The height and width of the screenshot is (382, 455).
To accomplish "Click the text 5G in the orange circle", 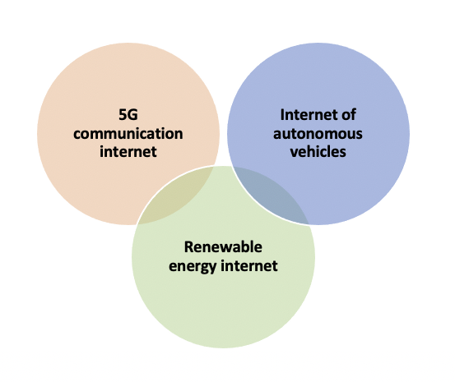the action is pos(128,114).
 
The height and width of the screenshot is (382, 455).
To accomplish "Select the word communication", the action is pos(128,134).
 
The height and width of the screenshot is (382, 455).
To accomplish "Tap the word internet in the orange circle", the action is pos(128,152).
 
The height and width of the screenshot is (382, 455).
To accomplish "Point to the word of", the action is pos(349,115).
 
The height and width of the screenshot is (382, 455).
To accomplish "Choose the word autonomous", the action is pos(318,134).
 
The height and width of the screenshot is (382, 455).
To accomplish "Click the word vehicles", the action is pos(318,152).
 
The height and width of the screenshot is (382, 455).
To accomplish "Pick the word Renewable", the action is pos(223,247).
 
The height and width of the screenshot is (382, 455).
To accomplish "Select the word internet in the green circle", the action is pos(249,265).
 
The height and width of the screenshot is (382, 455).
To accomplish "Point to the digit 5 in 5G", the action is pos(123,114).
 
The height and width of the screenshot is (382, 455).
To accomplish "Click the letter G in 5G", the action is pos(133,114).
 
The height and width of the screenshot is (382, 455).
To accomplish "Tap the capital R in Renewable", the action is pos(189,247).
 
